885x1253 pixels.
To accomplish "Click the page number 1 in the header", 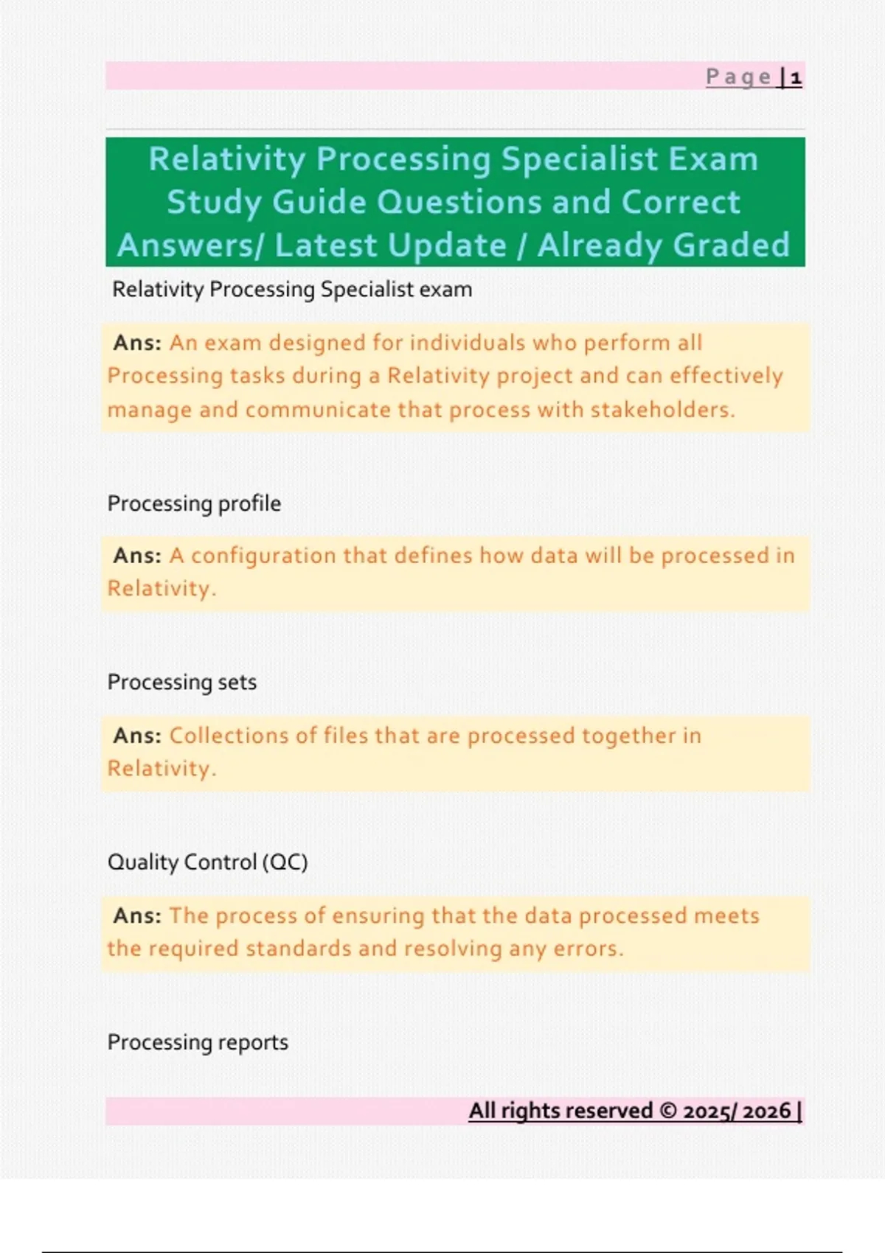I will click(795, 77).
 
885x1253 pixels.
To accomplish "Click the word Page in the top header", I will click(738, 77).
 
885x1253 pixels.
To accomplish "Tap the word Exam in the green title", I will click(713, 159).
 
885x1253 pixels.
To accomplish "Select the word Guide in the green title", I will click(319, 202).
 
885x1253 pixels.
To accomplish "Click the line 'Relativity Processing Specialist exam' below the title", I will click(292, 290).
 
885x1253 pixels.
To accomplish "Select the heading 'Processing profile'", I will click(194, 503).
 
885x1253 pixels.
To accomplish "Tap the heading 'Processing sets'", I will click(182, 683).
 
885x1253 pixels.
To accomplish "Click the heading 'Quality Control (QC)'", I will click(207, 862).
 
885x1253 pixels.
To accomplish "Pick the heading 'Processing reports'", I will click(198, 1042).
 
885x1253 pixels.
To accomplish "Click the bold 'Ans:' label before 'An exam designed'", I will click(137, 343).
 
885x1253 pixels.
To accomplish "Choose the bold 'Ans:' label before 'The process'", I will click(137, 915).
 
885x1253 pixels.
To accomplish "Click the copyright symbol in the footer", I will click(668, 1111).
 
